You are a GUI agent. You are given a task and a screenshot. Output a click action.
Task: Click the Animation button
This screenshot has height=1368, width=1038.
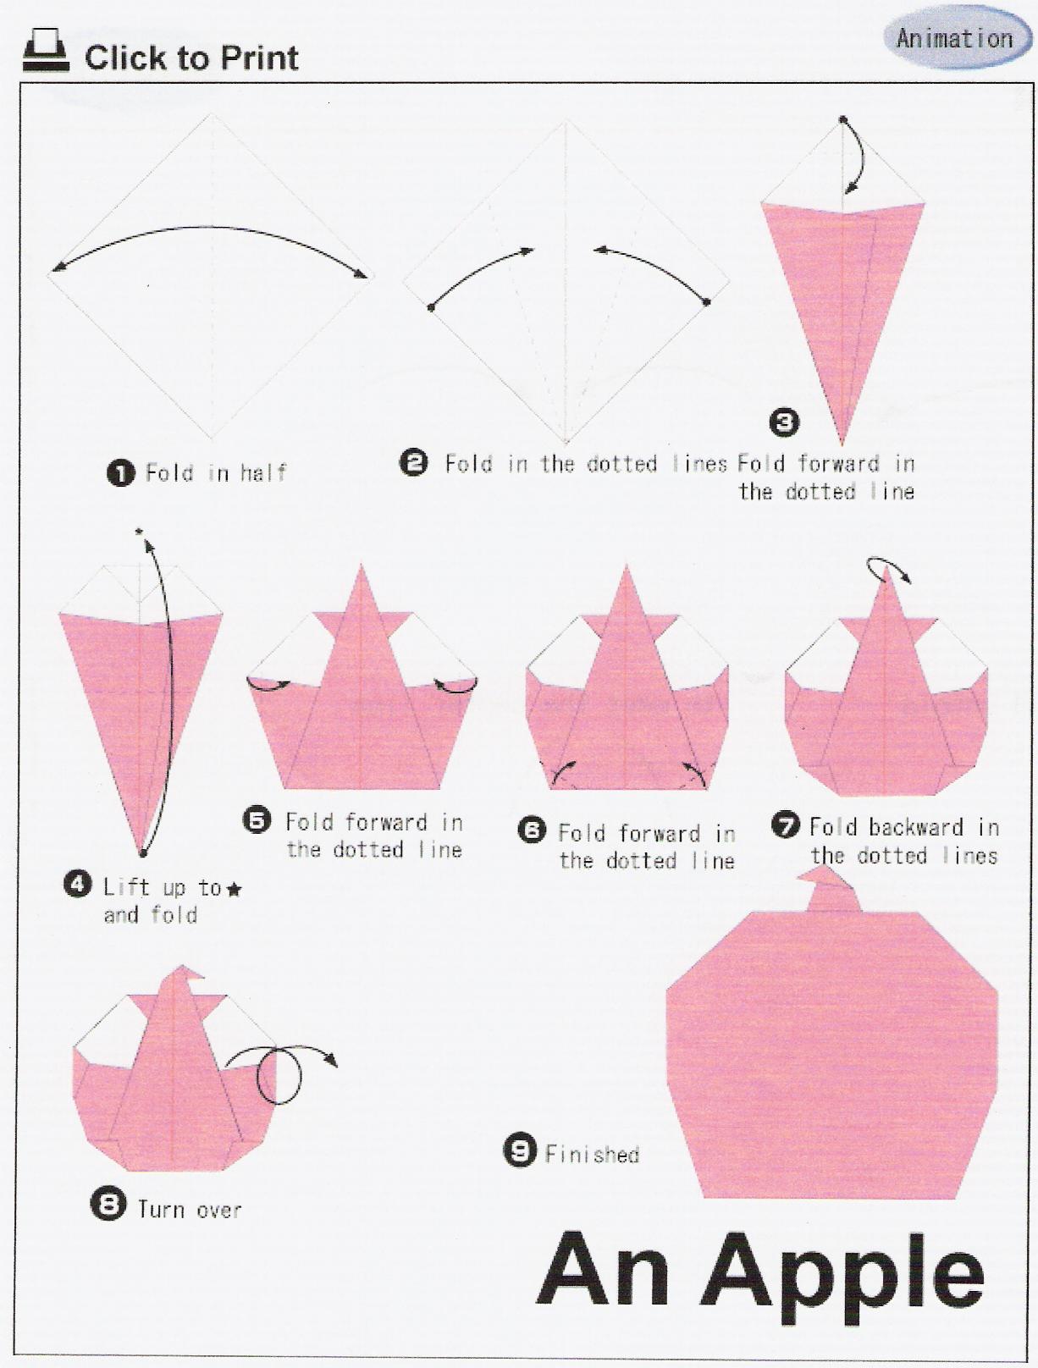[x=956, y=39]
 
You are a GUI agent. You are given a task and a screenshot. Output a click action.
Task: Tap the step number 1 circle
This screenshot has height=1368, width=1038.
[x=121, y=473]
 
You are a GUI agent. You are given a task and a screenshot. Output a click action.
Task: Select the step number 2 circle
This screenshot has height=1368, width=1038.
[x=414, y=463]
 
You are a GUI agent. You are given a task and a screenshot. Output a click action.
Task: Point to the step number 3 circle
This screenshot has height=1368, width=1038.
[x=784, y=422]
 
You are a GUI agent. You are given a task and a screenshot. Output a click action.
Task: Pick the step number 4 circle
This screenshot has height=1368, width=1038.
[x=78, y=885]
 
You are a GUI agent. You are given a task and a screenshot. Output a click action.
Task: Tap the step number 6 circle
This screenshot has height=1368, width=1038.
[x=533, y=830]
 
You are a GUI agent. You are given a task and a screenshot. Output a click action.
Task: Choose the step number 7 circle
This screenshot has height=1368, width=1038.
[x=786, y=825]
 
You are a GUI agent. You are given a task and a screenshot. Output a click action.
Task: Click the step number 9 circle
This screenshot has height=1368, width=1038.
[x=520, y=1150]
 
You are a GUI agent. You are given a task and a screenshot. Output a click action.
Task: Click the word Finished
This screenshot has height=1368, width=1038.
[x=592, y=1154]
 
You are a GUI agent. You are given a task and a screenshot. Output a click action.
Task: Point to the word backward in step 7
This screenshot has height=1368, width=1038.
[x=916, y=827]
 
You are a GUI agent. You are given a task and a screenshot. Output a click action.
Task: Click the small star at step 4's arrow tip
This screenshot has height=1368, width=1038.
[x=139, y=531]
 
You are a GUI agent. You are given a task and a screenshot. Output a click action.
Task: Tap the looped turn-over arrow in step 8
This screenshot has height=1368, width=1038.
[x=281, y=1073]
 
